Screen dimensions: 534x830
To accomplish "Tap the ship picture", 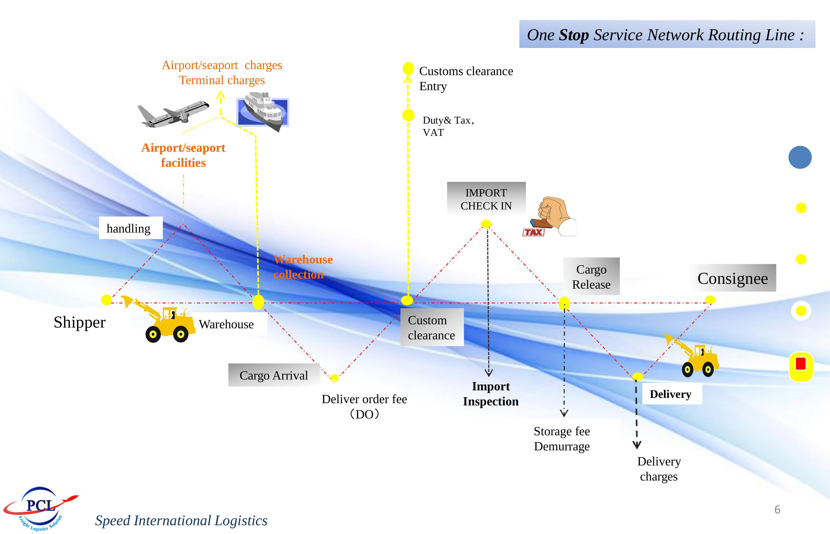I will (263, 111).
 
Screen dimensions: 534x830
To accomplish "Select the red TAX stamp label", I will (533, 232).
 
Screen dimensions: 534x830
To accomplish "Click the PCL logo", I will (40, 508).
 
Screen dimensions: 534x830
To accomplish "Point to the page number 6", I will (777, 509).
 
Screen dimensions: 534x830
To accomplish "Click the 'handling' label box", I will (130, 228).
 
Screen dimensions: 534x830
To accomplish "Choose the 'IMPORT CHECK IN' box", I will (486, 199).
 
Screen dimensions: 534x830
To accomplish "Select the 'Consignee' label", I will (733, 278).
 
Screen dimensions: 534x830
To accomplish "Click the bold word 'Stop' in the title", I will (574, 35).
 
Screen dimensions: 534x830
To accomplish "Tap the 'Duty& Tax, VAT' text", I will (448, 126).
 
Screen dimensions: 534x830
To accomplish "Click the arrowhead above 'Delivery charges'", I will (637, 445).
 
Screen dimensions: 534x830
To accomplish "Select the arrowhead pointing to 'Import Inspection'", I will (489, 373).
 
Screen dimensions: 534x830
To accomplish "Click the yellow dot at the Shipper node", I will (106, 300).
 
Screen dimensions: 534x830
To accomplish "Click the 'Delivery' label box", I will (670, 394).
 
